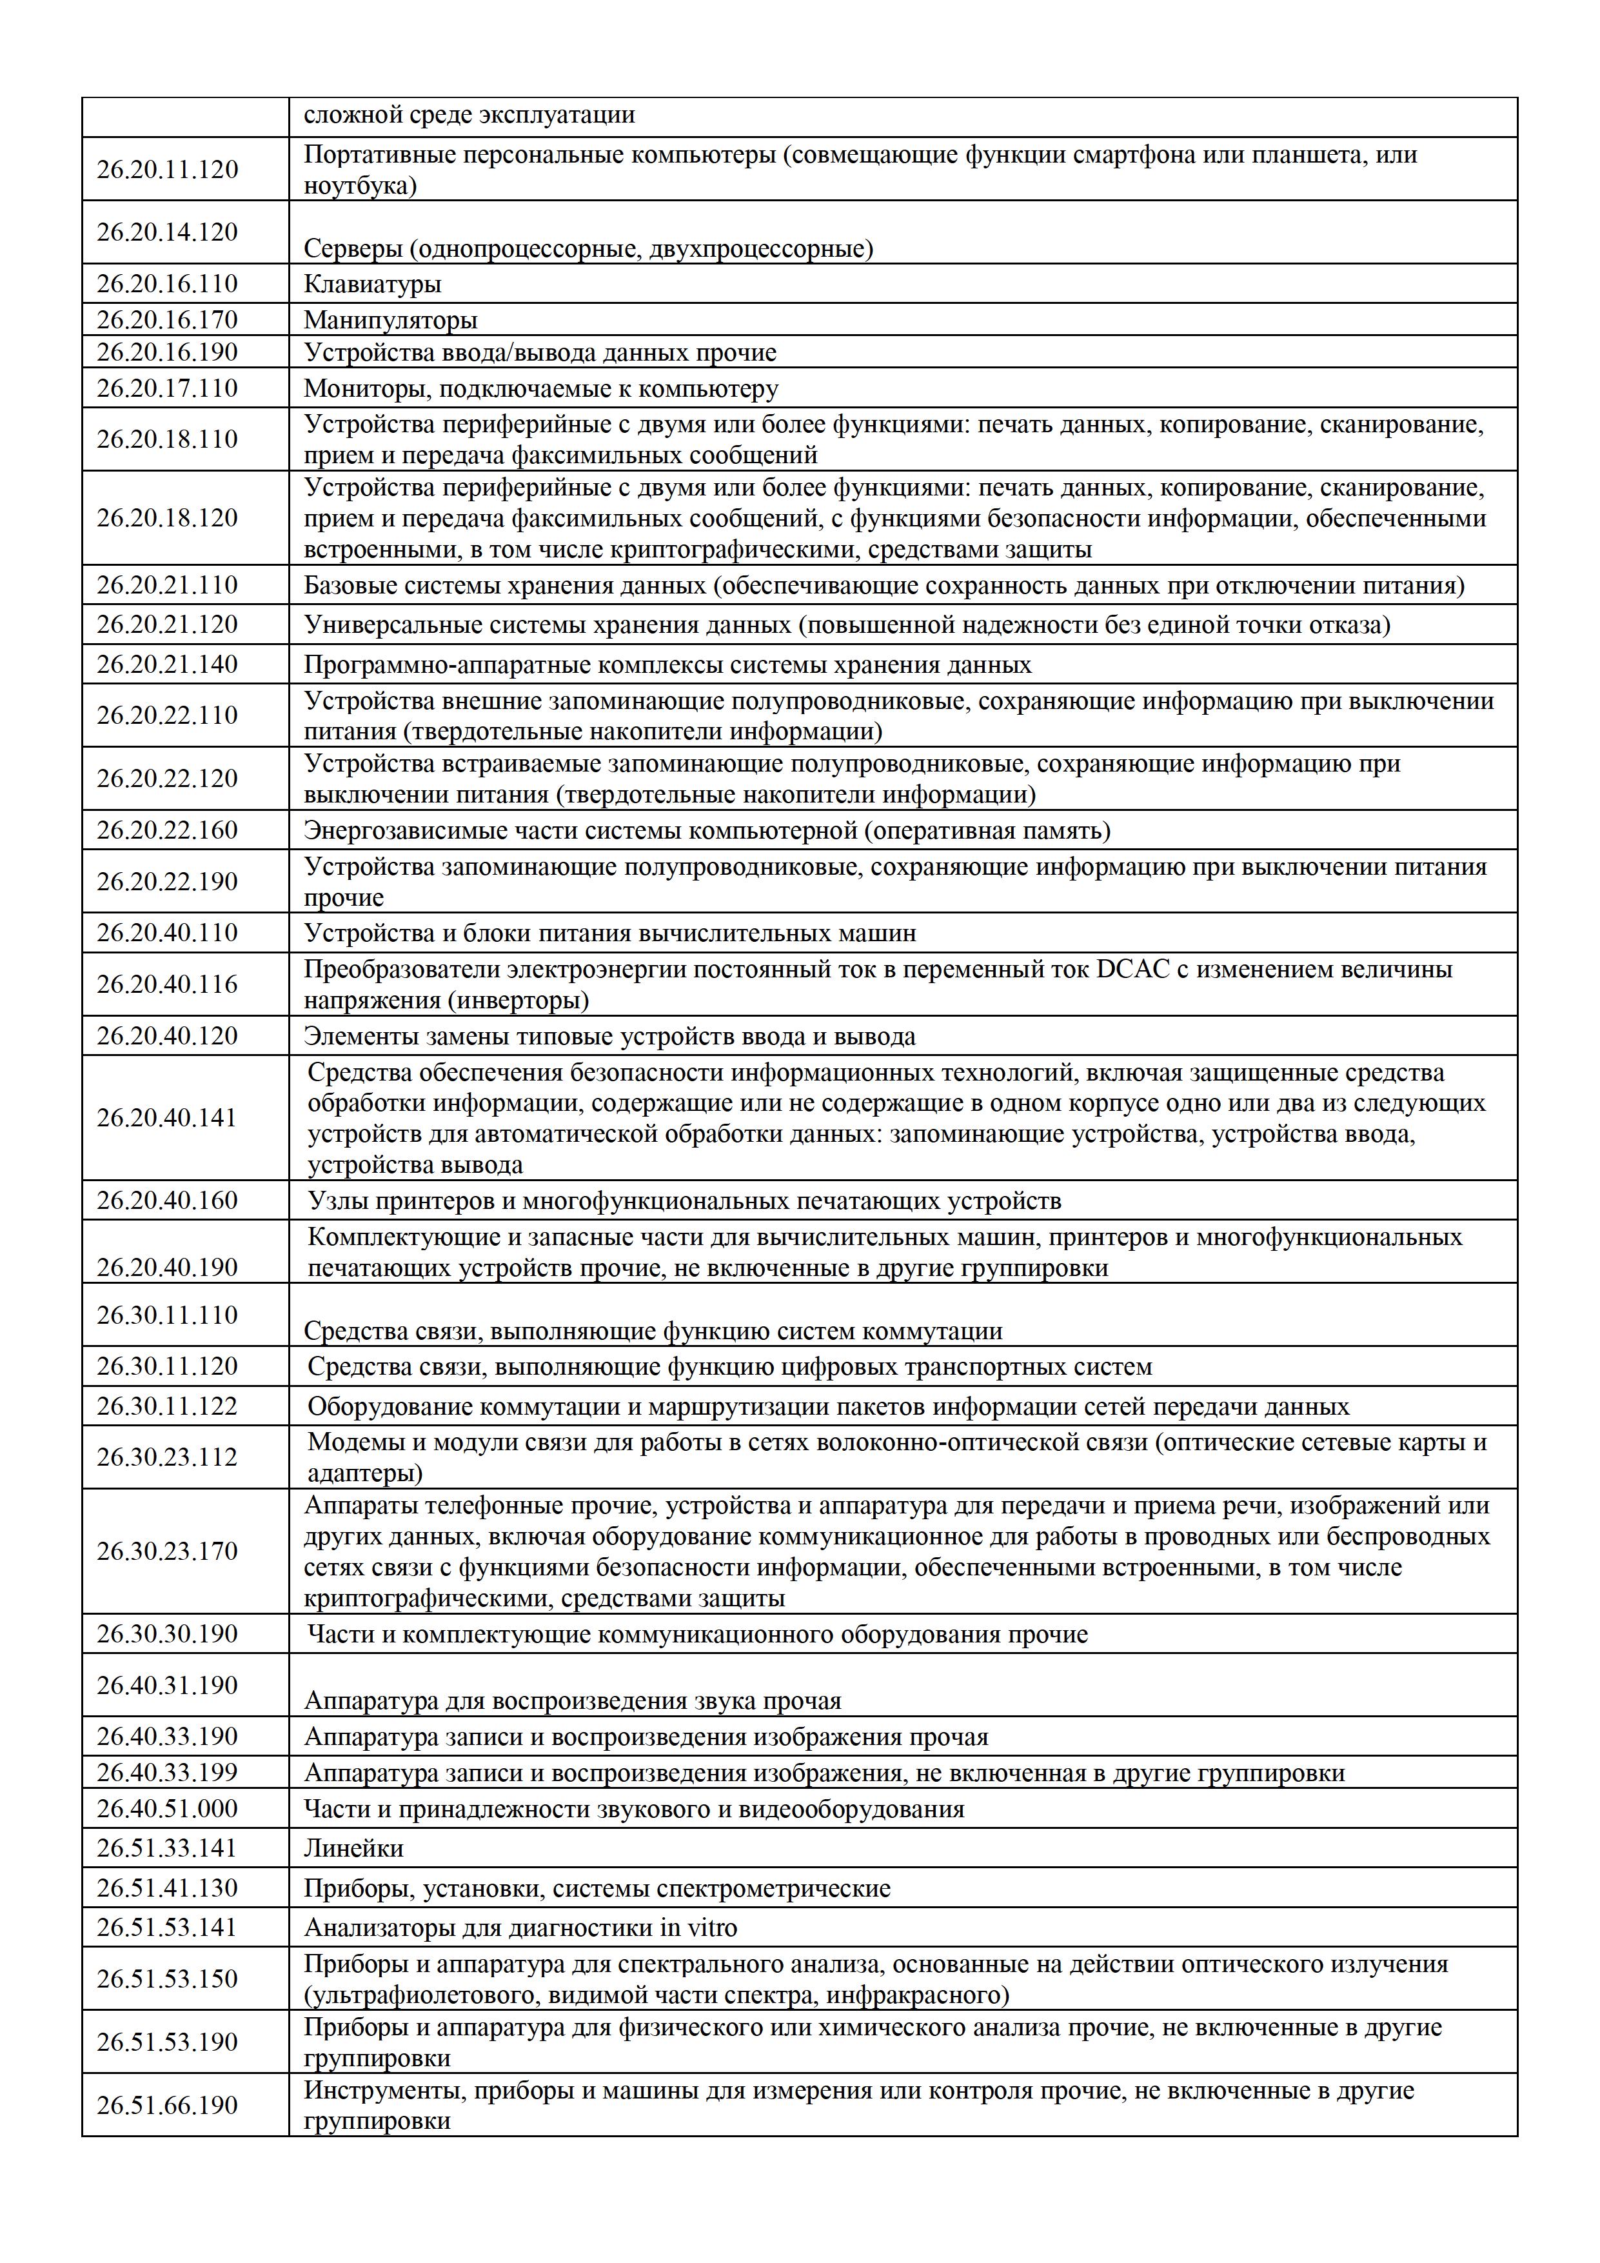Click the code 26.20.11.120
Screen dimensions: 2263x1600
(168, 170)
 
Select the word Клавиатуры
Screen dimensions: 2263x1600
(372, 285)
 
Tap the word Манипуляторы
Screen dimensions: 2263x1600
(390, 321)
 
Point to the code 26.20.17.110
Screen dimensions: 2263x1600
(168, 388)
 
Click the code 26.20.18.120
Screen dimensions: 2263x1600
(168, 519)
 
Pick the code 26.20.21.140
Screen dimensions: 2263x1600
(168, 664)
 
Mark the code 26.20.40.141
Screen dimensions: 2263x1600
(168, 1118)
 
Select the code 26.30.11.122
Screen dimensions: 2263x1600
(168, 1406)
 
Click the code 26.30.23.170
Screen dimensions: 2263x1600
(168, 1551)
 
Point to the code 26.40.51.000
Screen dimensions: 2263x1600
(168, 1809)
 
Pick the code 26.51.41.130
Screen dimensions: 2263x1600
(168, 1888)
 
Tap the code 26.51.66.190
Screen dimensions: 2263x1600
(168, 2106)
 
